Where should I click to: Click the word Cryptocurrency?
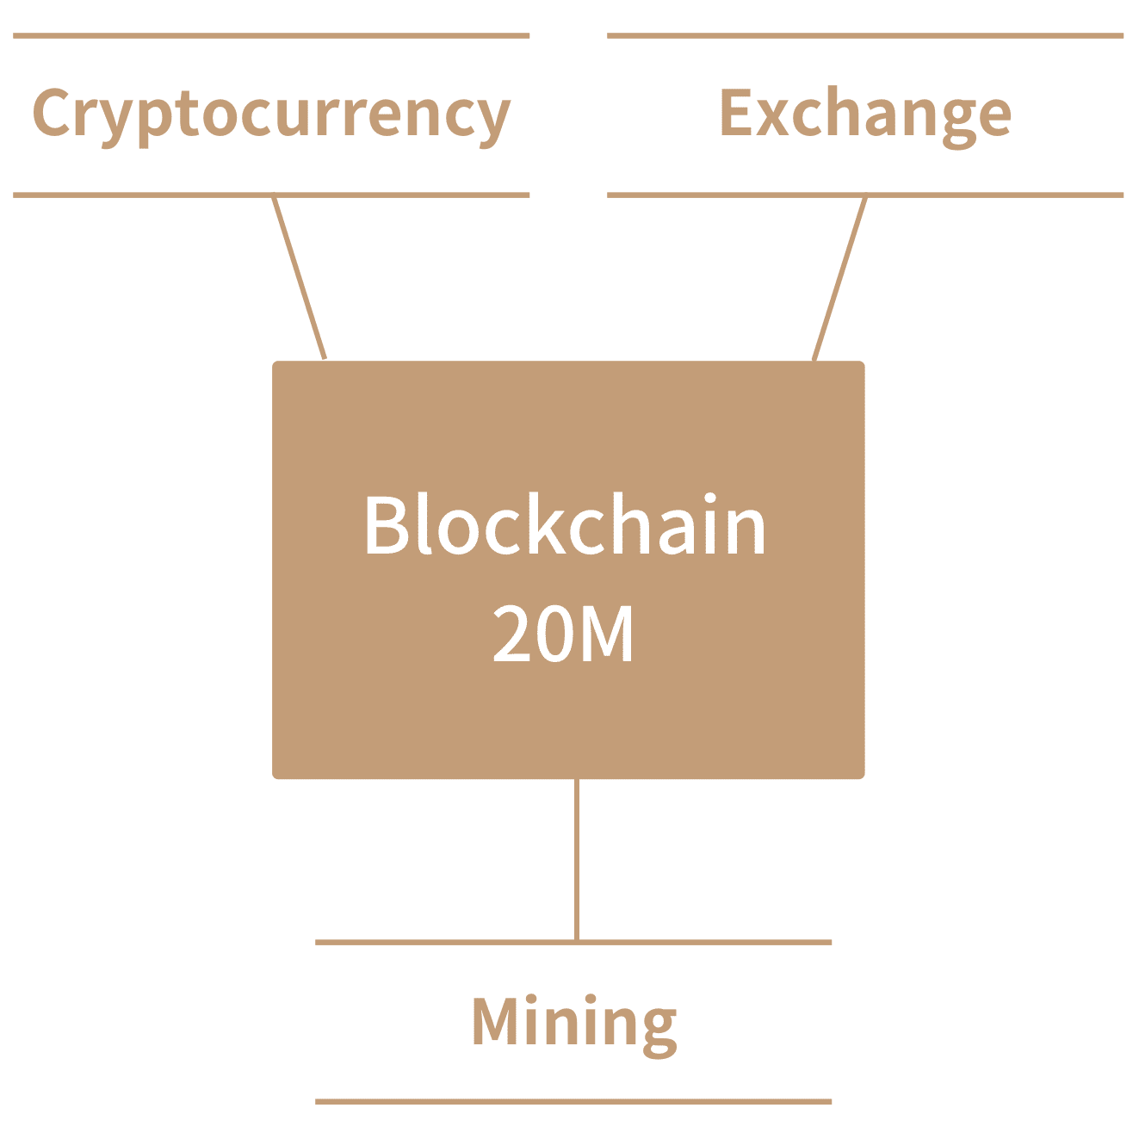(x=271, y=115)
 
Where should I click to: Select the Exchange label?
(x=864, y=115)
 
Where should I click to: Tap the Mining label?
(x=573, y=1022)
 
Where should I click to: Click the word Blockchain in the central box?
(x=565, y=525)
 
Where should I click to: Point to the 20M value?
(x=563, y=634)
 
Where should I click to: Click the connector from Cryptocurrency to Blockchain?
(x=299, y=275)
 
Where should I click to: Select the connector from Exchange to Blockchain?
(x=839, y=275)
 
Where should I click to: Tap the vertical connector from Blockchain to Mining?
(x=576, y=861)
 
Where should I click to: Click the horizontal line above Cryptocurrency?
(x=271, y=36)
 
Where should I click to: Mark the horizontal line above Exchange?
(x=864, y=36)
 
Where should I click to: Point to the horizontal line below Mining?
(x=573, y=1101)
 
